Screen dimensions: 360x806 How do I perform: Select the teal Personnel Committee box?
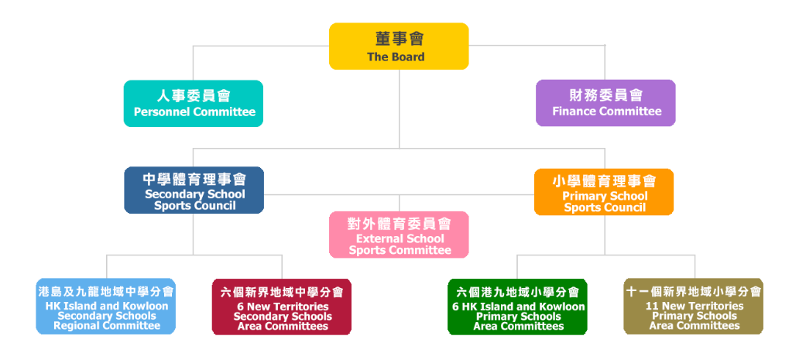click(x=194, y=103)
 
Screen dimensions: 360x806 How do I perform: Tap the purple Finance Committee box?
click(x=605, y=103)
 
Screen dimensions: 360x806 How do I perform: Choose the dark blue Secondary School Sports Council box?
click(x=194, y=190)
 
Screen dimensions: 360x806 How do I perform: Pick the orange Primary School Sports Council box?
click(x=604, y=192)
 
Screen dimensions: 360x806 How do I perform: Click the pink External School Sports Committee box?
click(x=399, y=235)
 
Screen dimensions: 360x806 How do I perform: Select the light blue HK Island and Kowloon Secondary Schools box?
click(x=106, y=307)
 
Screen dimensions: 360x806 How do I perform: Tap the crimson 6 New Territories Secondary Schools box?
click(x=282, y=307)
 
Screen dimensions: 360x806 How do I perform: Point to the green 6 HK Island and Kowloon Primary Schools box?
click(x=517, y=307)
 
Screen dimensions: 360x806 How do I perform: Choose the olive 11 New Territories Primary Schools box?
click(x=693, y=307)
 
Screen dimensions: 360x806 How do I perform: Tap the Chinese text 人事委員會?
click(x=194, y=96)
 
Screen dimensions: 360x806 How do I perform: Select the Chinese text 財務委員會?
click(x=605, y=96)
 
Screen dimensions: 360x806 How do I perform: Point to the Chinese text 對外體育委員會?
click(x=399, y=224)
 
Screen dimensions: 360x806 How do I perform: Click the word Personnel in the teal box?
click(x=159, y=111)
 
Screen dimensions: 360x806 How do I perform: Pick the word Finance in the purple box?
click(x=574, y=111)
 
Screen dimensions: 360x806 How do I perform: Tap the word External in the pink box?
click(x=378, y=239)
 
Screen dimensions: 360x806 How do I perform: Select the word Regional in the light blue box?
click(x=75, y=326)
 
